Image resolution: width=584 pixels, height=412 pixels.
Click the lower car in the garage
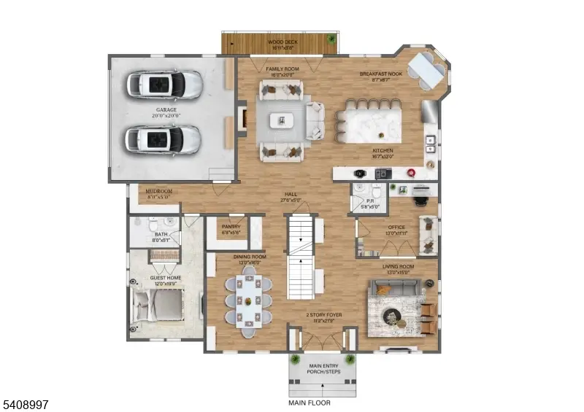tap(162, 138)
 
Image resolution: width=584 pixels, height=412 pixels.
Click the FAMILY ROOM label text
tap(283, 69)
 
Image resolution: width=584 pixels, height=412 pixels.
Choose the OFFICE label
tap(396, 228)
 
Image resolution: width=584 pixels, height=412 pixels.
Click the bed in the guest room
tap(159, 306)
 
